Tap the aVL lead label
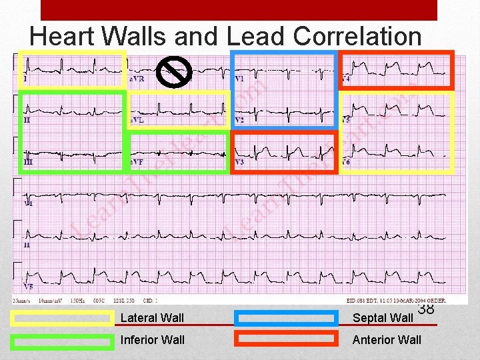137,121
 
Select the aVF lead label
137,162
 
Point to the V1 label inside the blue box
239,79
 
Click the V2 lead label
239,121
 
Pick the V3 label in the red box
239,162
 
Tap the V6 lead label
345,162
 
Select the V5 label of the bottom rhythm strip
28,287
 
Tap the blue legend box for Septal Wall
287,319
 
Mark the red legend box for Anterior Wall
287,339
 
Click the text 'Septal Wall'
383,318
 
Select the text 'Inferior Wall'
153,340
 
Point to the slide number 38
426,309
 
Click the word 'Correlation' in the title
357,37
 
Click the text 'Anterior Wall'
387,340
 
